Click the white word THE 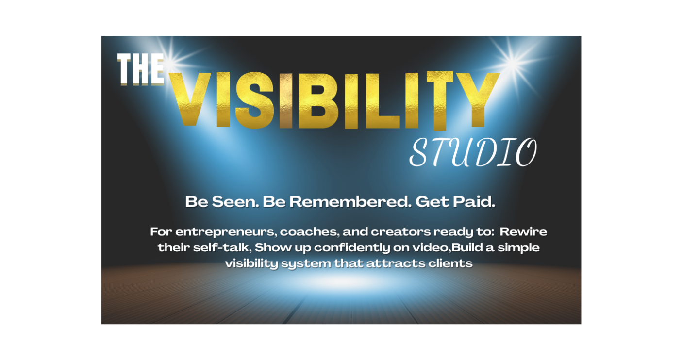coord(141,69)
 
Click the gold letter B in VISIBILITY coord(318,100)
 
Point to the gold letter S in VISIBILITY coord(254,100)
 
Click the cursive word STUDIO coord(473,152)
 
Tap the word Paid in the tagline coord(474,201)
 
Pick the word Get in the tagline coord(432,201)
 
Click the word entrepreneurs coord(226,232)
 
